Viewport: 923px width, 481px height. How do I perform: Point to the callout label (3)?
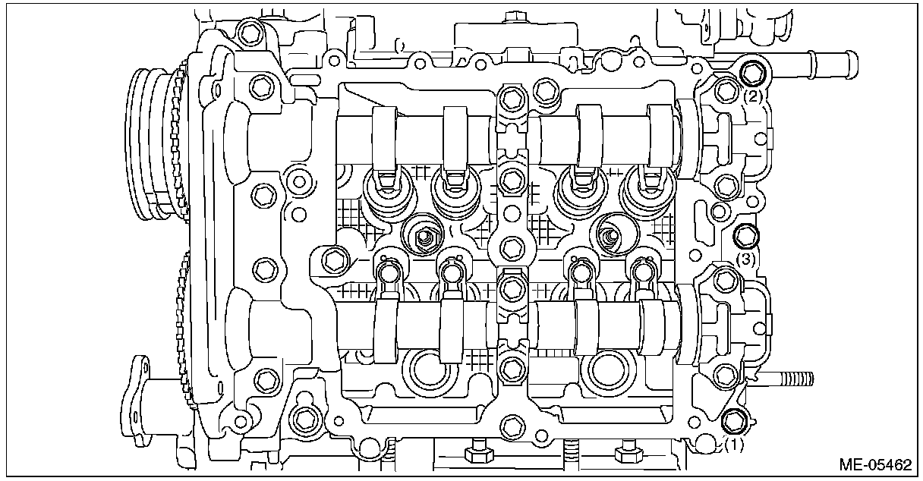pos(747,259)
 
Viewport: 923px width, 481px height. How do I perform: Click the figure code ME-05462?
pos(875,464)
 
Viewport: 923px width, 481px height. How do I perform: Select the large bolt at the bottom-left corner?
pos(305,418)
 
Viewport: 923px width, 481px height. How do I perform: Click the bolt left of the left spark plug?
pos(331,260)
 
